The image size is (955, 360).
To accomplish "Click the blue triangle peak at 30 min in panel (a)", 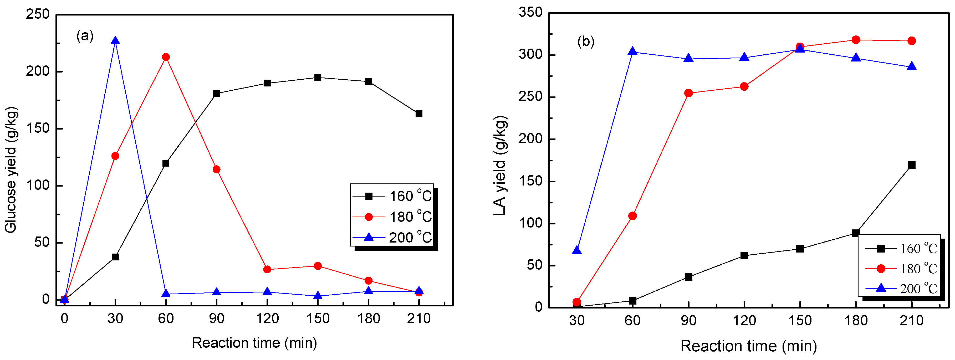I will (x=115, y=41).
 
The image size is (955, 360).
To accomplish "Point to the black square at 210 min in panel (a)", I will (x=419, y=114).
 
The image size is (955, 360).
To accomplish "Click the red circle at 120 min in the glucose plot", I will (x=267, y=270).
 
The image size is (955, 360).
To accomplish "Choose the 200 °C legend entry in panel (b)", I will (x=901, y=289).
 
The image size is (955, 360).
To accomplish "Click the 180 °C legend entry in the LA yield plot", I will (x=901, y=269).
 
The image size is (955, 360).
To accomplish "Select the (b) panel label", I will (x=586, y=41).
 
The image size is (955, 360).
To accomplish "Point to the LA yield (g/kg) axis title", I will (x=500, y=166).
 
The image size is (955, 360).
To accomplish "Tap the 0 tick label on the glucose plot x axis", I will (x=64, y=318).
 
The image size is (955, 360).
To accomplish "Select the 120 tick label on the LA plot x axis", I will (x=744, y=320).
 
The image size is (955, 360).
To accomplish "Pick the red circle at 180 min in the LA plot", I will (x=856, y=40).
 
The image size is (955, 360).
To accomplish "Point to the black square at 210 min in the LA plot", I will (x=912, y=165).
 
